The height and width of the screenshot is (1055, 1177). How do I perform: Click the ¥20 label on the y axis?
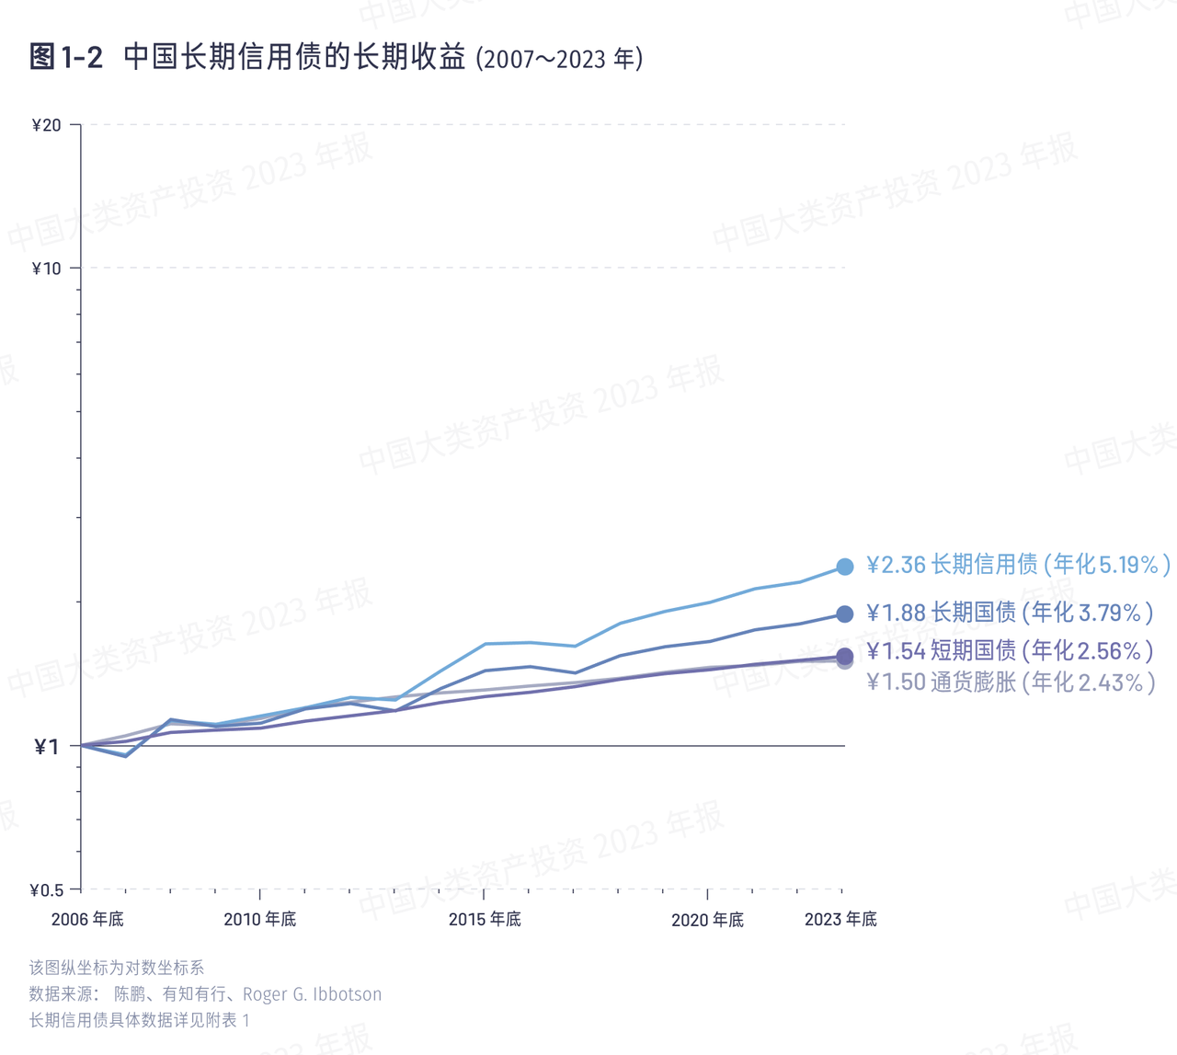click(46, 125)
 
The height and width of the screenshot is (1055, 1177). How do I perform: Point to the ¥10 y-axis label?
click(46, 269)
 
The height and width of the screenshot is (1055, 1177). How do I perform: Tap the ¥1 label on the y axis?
click(46, 747)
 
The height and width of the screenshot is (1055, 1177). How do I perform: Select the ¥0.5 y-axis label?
click(46, 890)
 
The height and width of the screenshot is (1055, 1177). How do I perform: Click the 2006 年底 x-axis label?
click(87, 920)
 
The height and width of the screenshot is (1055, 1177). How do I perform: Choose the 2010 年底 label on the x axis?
click(260, 920)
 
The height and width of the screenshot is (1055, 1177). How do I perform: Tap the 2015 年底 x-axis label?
click(485, 920)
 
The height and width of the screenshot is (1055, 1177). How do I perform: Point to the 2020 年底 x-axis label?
click(707, 920)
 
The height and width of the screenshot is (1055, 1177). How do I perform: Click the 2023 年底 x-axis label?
click(840, 920)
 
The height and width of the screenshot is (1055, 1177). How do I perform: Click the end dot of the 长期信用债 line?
click(845, 567)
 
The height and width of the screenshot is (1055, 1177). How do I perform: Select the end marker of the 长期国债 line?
click(845, 614)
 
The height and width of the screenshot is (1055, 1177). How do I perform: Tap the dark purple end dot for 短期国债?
click(845, 655)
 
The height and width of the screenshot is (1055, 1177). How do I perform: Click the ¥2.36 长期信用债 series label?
click(1019, 565)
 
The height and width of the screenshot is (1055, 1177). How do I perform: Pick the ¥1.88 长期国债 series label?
click(1010, 613)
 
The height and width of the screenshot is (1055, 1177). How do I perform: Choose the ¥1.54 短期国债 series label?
click(1010, 651)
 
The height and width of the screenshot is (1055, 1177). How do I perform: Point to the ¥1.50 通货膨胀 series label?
click(1011, 682)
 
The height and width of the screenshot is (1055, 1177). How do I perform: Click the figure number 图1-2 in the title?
click(66, 57)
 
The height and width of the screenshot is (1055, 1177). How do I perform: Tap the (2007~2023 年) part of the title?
click(559, 60)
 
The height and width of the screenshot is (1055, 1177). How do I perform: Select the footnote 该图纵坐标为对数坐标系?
click(117, 968)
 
